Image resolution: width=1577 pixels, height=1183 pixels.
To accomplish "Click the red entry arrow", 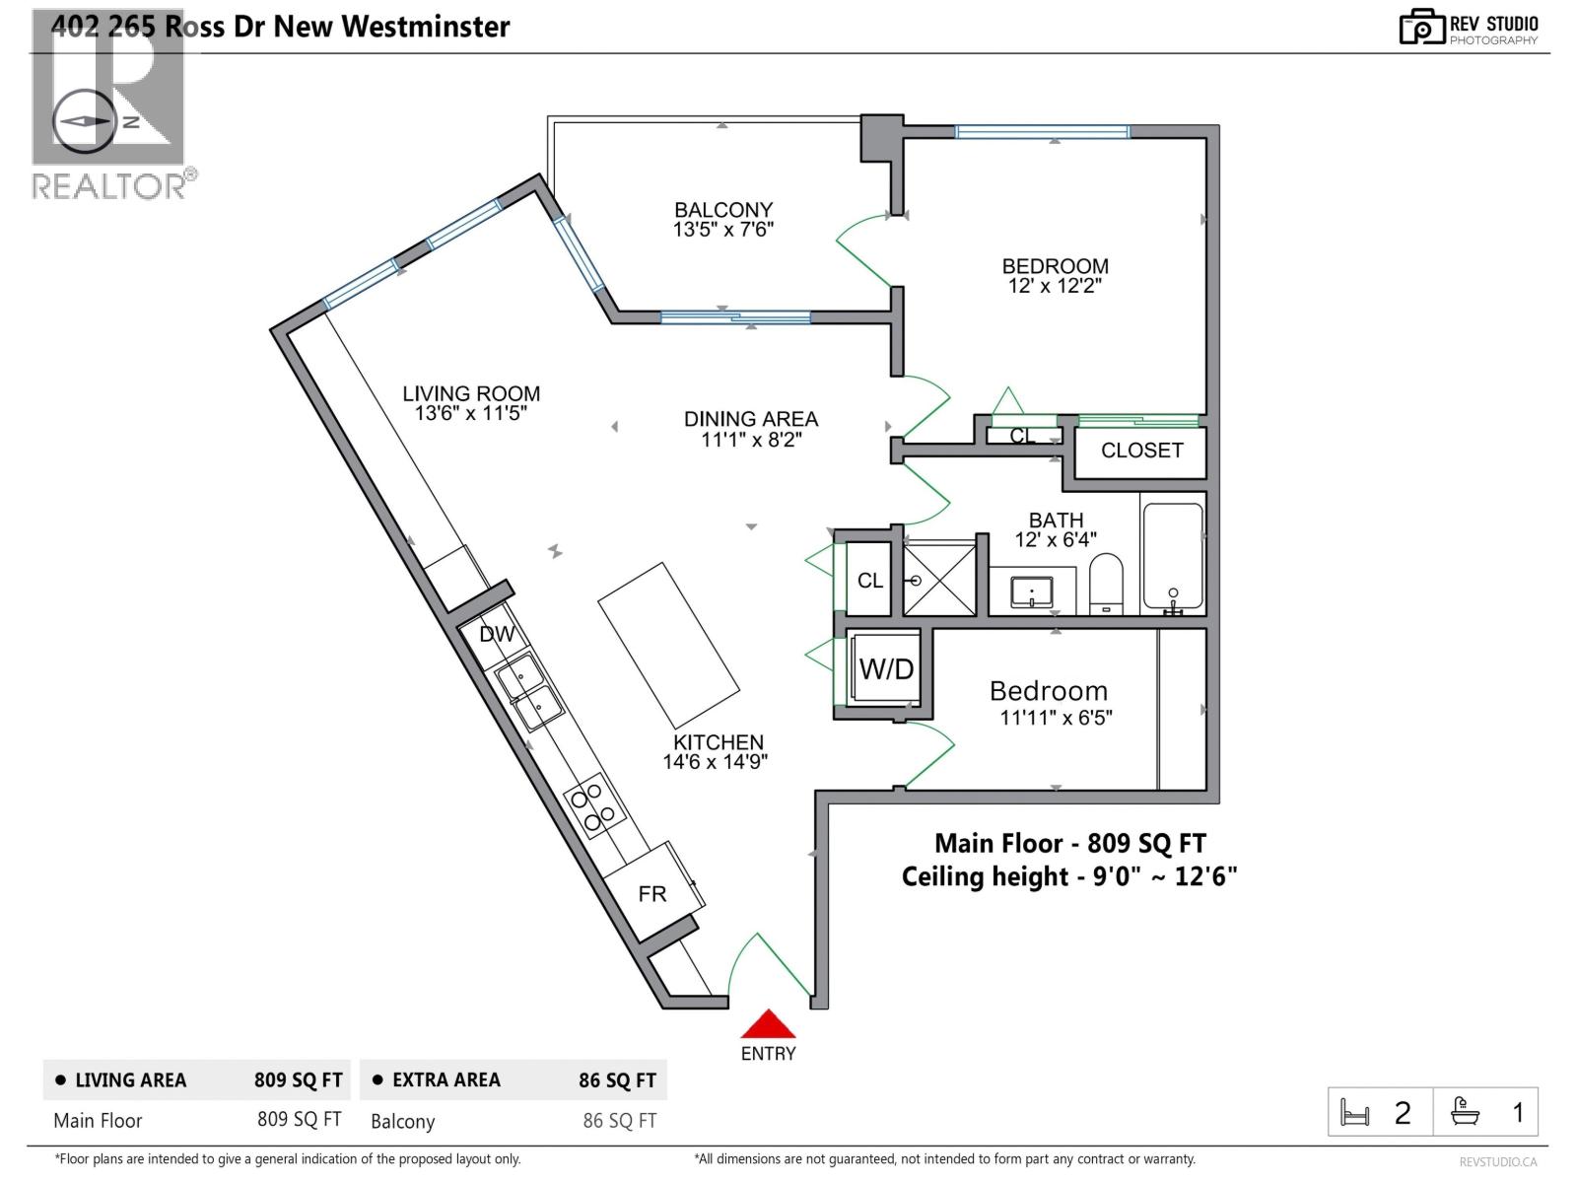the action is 768,1023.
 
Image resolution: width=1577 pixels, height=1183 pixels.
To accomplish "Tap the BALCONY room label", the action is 723,210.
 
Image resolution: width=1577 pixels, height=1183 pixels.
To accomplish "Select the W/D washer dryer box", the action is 885,668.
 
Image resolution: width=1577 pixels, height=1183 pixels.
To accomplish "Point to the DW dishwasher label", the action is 497,634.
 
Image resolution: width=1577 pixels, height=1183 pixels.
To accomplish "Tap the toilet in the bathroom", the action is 1106,584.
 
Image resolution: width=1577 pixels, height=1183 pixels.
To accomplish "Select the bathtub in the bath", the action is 1173,556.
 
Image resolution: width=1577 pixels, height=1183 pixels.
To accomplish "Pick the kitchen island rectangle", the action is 669,646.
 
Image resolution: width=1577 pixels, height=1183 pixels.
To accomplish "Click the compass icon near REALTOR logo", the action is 84,120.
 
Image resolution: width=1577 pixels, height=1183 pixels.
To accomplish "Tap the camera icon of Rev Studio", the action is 1421,28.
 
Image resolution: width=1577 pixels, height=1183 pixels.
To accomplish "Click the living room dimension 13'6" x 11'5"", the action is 470,413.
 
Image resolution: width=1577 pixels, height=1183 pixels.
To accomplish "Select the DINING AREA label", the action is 751,419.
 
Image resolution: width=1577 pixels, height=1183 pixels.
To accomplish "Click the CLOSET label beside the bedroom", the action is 1141,451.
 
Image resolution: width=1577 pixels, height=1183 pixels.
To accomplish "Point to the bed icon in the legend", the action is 1354,1114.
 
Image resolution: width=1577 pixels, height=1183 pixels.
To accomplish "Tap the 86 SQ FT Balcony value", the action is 619,1121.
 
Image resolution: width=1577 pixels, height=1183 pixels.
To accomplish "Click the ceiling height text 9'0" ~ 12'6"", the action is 1165,876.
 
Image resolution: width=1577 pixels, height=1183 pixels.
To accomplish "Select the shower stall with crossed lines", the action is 939,580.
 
